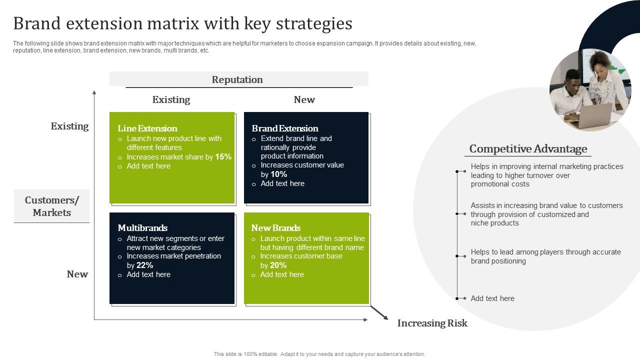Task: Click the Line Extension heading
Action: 147,128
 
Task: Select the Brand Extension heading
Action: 285,128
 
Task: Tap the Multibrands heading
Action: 142,228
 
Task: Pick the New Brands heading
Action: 276,228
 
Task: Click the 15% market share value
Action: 223,157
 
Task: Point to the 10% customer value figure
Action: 278,174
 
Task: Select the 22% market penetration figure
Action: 144,265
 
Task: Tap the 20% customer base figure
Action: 278,265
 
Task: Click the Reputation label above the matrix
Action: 237,79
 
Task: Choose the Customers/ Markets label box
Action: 52,206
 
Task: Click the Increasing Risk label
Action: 432,323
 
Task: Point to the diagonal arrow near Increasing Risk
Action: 379,312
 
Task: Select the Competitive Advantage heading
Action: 528,149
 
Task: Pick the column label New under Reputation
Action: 304,99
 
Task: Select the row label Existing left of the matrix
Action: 69,126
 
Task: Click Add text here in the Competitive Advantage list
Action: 492,298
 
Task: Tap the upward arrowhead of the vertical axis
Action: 94,92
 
